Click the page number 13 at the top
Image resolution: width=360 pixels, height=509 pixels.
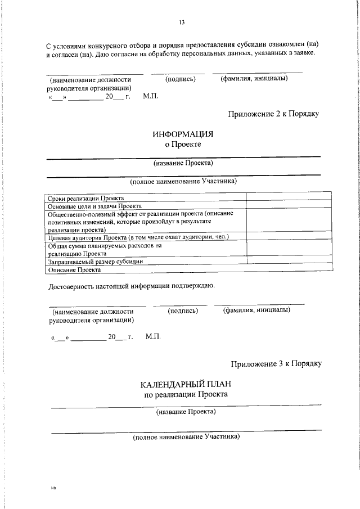[182, 22]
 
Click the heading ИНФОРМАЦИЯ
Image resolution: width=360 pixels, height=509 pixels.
[183, 134]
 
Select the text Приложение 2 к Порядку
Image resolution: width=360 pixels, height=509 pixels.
[273, 114]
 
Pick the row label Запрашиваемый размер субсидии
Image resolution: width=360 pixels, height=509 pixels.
[96, 262]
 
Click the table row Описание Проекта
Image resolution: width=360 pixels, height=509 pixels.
[74, 270]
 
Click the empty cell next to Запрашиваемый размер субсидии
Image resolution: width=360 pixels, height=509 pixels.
[288, 262]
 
